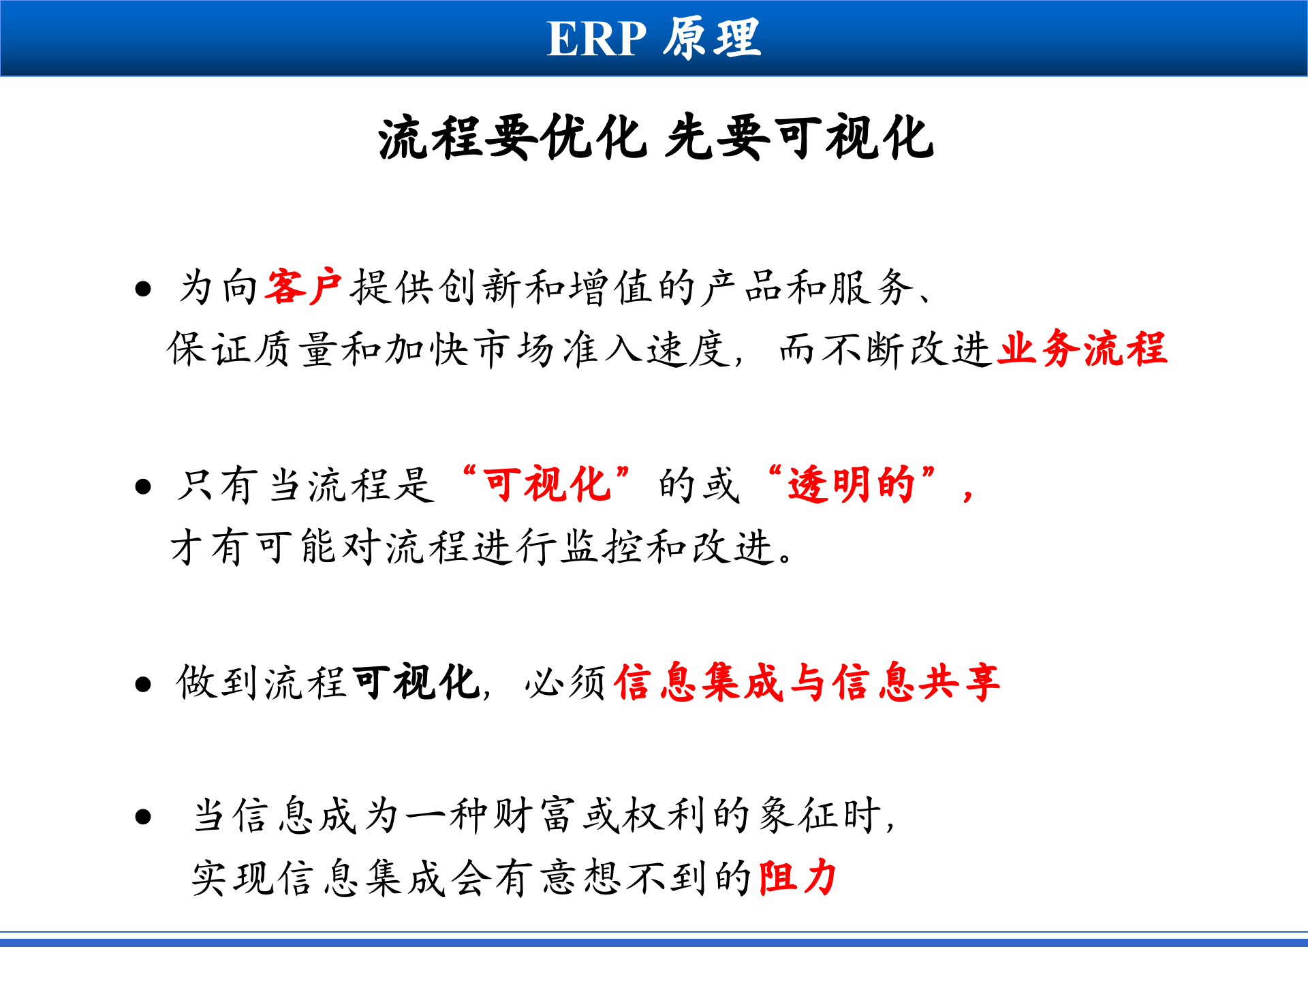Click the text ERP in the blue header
(596, 39)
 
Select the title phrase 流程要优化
(511, 138)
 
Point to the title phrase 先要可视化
(799, 138)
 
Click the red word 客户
(304, 287)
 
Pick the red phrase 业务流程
(1082, 349)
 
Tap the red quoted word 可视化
(546, 485)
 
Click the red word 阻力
(797, 877)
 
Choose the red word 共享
(959, 682)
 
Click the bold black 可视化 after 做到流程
(416, 682)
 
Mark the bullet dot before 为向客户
(143, 289)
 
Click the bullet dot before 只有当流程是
(143, 486)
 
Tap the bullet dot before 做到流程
(143, 684)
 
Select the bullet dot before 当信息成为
(143, 816)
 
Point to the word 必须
(565, 682)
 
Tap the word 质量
(297, 349)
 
